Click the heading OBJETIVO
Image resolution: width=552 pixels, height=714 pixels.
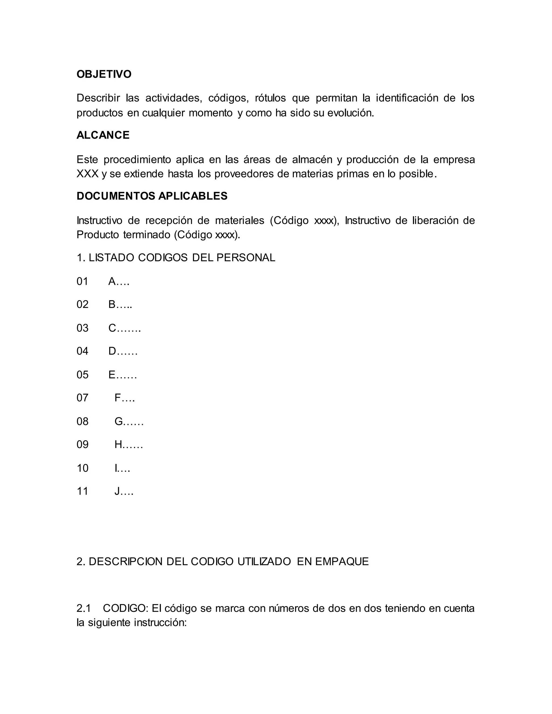104,74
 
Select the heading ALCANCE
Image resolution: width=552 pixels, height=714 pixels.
103,135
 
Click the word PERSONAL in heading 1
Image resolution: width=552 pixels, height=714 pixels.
246,258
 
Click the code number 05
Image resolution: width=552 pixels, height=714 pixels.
82,375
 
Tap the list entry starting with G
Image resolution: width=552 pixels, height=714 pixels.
129,421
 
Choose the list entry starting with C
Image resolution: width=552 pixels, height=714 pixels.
124,328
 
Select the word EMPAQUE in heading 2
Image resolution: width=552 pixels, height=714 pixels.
342,561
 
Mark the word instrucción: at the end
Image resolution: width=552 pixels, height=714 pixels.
160,622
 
